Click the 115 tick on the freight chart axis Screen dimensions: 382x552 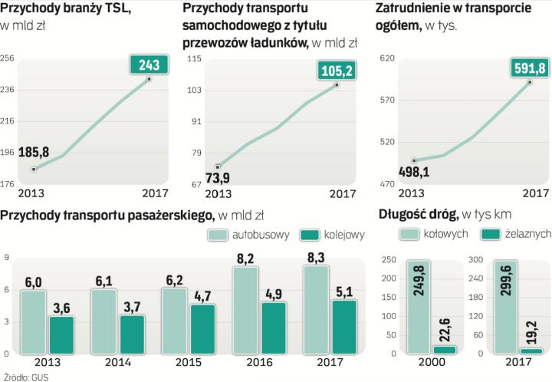pyautogui.click(x=194, y=59)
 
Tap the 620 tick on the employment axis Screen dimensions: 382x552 pyautogui.click(x=387, y=59)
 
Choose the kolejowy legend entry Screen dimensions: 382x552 pyautogui.click(x=332, y=235)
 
